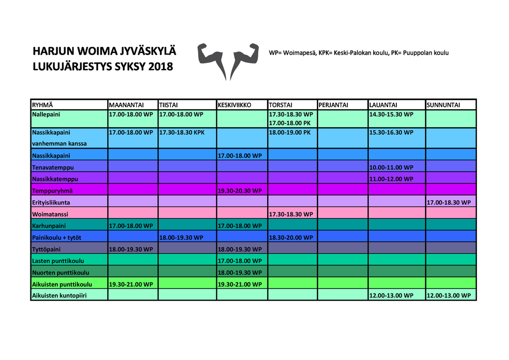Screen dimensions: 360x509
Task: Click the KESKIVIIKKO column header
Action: (234, 105)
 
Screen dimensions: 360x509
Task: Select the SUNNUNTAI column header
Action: (443, 105)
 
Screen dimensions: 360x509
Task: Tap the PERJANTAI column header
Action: (333, 105)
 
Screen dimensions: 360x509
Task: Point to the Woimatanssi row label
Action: (50, 214)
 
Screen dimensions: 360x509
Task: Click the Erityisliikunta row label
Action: (51, 202)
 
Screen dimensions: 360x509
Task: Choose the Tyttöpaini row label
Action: (46, 249)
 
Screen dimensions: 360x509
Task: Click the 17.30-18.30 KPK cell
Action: (182, 133)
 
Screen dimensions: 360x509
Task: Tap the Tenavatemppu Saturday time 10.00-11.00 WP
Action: (391, 167)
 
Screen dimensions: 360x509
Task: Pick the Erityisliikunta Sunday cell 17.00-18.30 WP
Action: (449, 202)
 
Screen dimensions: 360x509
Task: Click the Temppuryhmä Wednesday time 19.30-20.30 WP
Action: (239, 191)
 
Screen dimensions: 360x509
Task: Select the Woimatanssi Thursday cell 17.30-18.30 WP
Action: (291, 214)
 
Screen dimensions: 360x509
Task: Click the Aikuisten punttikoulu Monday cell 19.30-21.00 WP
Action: (131, 284)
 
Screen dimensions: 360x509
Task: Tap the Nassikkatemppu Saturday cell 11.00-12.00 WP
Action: (391, 179)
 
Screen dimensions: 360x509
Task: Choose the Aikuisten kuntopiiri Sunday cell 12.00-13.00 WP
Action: (449, 296)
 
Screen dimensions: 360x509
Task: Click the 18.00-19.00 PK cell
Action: (290, 133)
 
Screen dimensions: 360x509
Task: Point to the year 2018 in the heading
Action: (161, 67)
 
